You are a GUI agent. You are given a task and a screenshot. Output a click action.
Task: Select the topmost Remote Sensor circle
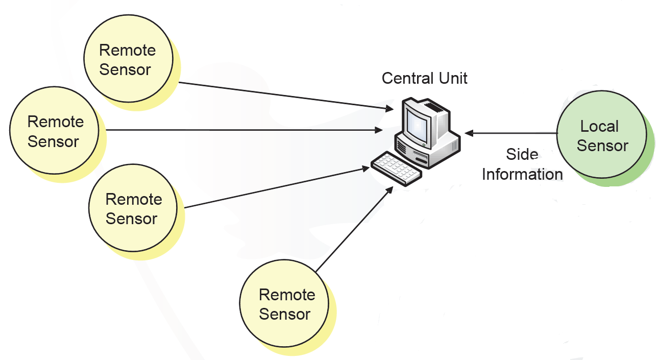(x=127, y=60)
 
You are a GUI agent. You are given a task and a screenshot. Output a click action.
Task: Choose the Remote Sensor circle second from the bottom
(x=133, y=208)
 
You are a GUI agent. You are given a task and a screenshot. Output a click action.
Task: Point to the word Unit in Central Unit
(x=452, y=78)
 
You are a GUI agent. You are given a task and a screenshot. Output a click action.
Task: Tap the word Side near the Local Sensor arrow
(x=522, y=154)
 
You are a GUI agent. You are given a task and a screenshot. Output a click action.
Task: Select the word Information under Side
(x=522, y=174)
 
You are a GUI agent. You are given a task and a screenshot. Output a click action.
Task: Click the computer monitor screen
(x=416, y=125)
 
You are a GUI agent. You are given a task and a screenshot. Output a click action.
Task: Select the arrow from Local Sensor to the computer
(x=510, y=133)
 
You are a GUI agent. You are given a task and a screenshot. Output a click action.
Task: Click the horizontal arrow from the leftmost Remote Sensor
(x=240, y=130)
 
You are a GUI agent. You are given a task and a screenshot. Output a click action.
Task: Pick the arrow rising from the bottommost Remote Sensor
(x=352, y=230)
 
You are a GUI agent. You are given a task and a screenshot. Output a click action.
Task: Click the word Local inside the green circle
(x=599, y=126)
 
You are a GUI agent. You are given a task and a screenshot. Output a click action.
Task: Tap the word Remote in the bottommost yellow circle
(x=287, y=295)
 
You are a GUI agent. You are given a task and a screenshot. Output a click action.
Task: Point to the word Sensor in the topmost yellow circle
(x=125, y=69)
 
